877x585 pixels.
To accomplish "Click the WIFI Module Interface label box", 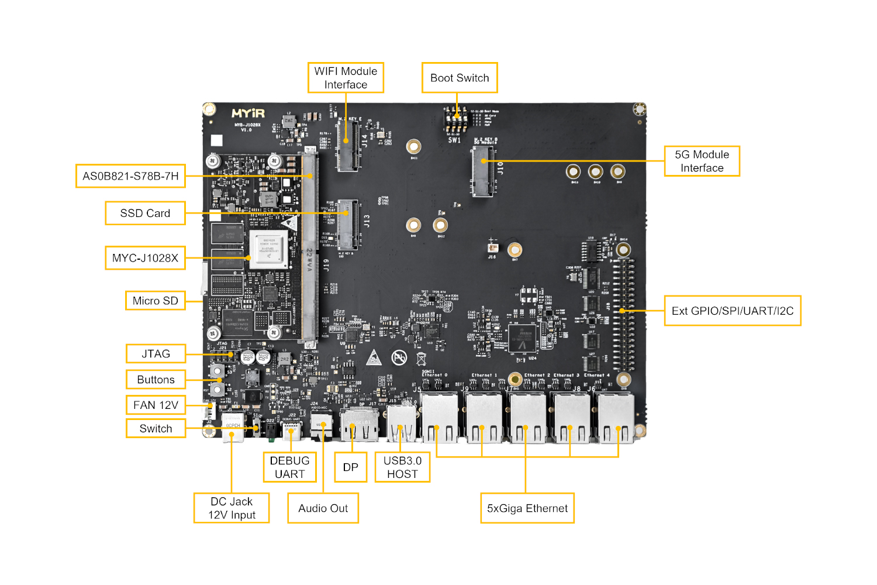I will point(346,78).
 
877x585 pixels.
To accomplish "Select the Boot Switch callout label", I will point(460,78).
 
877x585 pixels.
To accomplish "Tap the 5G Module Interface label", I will point(702,161).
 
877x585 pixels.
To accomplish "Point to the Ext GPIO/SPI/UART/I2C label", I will point(732,311).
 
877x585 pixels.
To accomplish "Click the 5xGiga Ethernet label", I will point(527,508).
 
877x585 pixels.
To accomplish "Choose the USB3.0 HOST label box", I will point(402,467).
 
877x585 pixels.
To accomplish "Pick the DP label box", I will point(350,467).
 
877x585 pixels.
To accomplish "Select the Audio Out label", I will point(323,508).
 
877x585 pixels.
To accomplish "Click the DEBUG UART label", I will point(289,467).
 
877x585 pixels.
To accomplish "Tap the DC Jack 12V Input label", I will point(232,508).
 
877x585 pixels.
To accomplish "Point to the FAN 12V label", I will point(156,405).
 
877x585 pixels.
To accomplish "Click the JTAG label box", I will point(156,354).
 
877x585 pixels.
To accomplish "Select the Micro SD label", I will point(155,301).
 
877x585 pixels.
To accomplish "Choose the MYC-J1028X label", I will point(145,258).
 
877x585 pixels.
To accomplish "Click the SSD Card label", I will point(145,213).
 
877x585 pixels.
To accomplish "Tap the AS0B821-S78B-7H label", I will point(130,176).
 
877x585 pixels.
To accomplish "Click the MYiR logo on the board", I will point(248,113).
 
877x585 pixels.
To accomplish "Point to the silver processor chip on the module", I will point(269,249).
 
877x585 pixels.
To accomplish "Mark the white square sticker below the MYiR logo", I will point(217,140).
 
